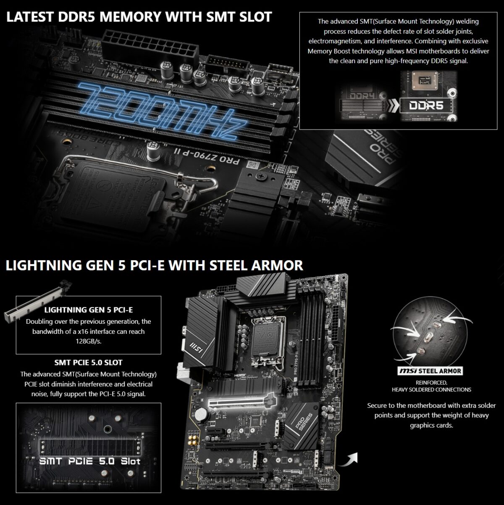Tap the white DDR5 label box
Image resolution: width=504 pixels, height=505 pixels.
pos(427,105)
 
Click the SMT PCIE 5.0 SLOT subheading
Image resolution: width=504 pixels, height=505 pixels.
pos(88,362)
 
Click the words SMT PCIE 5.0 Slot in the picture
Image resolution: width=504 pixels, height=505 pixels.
pos(89,461)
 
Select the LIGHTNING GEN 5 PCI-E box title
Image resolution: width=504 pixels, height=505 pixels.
pos(88,310)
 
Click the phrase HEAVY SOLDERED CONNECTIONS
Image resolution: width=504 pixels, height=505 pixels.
pos(431,389)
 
